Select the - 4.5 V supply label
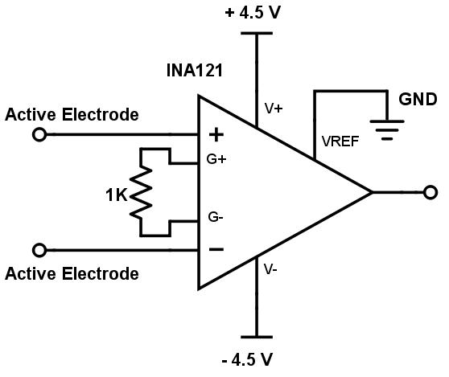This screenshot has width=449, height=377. (x=257, y=357)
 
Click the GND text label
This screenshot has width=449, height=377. (x=418, y=99)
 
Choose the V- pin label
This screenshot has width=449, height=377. (x=271, y=270)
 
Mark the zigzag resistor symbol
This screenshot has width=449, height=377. (x=142, y=192)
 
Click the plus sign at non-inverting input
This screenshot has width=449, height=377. (x=216, y=134)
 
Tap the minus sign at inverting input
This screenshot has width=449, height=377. (x=216, y=249)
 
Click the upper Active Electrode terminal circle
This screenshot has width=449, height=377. (x=39, y=134)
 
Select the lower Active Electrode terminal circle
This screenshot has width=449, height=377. (x=39, y=250)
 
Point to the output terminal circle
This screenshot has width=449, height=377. (x=430, y=192)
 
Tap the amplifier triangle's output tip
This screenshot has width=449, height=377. (x=372, y=192)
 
